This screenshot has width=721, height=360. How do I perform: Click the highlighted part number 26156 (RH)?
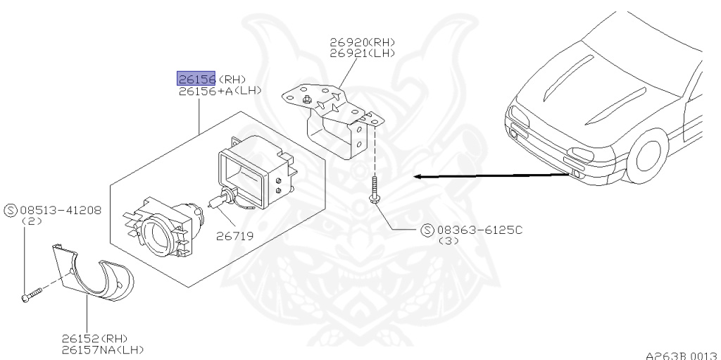196,79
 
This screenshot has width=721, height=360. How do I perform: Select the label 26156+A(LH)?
220,91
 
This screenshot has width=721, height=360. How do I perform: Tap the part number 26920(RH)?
363,42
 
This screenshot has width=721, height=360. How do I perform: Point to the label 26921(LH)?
363,54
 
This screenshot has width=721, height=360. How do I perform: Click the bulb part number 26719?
235,236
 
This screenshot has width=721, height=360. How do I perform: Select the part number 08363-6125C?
479,230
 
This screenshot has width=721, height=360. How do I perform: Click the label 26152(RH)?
95,340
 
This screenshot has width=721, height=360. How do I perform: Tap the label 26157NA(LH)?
103,350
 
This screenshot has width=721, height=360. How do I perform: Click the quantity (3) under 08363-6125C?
449,240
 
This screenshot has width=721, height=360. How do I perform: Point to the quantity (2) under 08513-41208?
32,221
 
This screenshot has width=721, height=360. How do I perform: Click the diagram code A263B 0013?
682,356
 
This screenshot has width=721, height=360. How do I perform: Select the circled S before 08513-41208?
11,211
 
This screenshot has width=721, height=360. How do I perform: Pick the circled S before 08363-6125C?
427,230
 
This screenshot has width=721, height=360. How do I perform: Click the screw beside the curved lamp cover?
32,294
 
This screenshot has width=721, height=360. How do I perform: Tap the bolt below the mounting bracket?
373,190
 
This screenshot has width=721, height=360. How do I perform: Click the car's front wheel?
648,156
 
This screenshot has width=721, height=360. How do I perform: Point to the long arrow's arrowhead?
418,177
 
